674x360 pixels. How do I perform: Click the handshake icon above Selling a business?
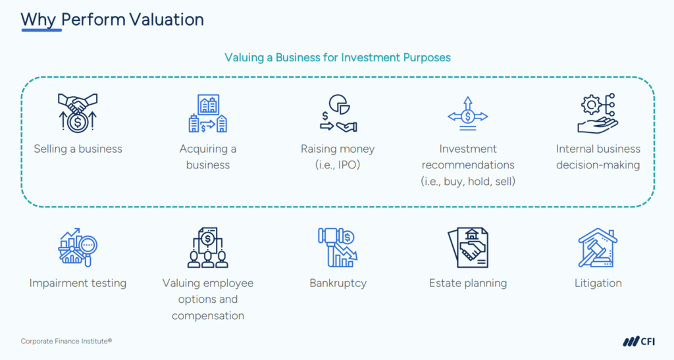tap(78, 113)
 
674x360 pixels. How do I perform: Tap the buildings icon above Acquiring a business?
tap(207, 113)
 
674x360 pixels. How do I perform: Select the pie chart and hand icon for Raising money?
tap(338, 113)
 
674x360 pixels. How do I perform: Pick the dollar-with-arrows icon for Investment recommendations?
tap(468, 114)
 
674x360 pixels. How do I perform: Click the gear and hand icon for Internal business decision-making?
tap(598, 113)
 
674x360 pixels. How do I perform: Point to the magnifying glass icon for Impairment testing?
tap(78, 247)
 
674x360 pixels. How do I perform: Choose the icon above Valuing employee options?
tap(207, 247)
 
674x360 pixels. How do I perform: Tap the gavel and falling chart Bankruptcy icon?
tap(338, 247)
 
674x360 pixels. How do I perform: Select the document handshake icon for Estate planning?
tap(468, 247)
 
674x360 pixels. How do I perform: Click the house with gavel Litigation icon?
tap(598, 247)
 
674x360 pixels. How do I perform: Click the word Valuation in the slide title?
tap(167, 19)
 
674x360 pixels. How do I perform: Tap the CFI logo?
tap(639, 342)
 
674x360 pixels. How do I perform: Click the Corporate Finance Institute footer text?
tap(66, 341)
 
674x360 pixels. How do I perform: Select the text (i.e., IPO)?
tap(338, 165)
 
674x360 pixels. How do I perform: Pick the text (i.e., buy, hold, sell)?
tap(468, 181)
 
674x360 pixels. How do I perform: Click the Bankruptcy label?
tap(338, 283)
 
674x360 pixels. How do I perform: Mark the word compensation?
tap(207, 316)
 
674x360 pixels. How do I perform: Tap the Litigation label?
tap(598, 283)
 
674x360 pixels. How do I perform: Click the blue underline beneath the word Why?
tap(41, 30)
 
